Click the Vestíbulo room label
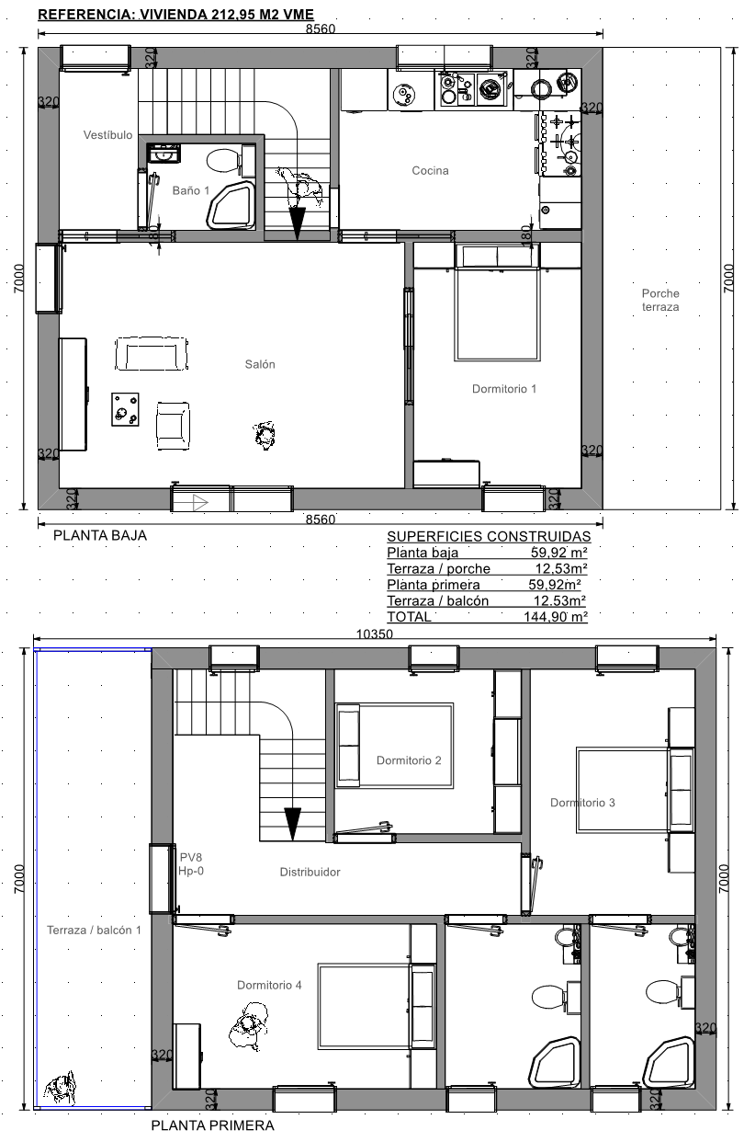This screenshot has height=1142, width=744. (x=108, y=135)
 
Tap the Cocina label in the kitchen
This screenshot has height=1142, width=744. (x=430, y=171)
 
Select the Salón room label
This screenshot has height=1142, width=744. (x=260, y=364)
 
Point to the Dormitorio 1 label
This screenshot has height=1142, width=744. (x=504, y=389)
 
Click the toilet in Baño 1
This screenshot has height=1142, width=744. (x=223, y=161)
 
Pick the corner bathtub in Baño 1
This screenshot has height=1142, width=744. (x=231, y=204)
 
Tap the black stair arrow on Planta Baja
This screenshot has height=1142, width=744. (x=297, y=223)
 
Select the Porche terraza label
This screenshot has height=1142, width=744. (x=660, y=301)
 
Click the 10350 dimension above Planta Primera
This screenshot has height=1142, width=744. (x=374, y=634)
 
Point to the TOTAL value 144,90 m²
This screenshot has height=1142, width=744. (x=556, y=617)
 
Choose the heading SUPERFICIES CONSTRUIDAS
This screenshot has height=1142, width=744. (x=489, y=536)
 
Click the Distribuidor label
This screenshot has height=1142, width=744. (x=310, y=873)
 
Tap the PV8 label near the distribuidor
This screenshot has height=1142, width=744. (x=191, y=858)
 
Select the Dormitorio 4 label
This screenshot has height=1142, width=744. (x=269, y=986)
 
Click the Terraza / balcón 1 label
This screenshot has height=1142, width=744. (x=94, y=931)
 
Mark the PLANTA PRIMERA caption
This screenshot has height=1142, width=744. (x=213, y=1125)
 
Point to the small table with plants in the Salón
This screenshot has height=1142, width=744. (x=125, y=409)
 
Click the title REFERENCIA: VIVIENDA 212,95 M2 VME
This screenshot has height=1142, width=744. (x=176, y=15)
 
